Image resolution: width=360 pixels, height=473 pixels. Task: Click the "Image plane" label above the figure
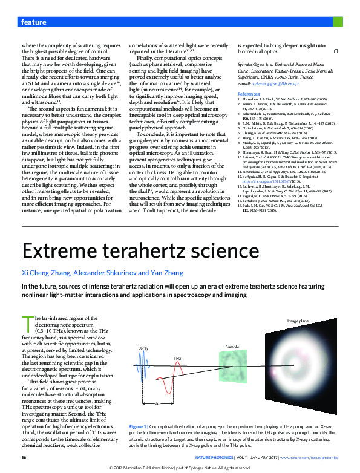click(x=297, y=320)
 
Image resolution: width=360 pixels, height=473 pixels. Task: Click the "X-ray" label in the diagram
click(x=144, y=348)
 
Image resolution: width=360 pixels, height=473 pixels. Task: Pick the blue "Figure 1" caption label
click(x=137, y=426)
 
